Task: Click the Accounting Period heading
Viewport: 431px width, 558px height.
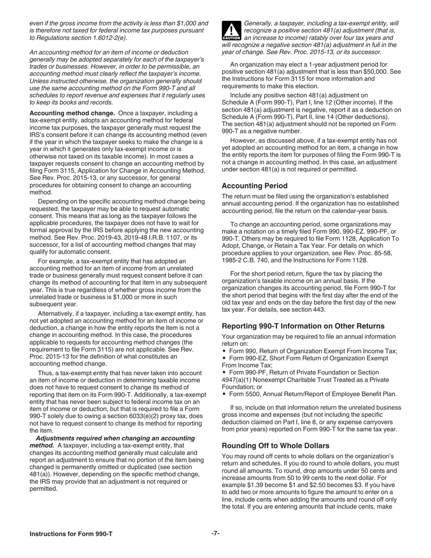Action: [x=255, y=186]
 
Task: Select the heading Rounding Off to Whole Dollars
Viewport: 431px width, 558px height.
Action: [x=275, y=445]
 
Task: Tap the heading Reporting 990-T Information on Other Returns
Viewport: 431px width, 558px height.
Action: [x=303, y=326]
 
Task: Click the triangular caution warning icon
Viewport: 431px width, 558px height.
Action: [x=231, y=31]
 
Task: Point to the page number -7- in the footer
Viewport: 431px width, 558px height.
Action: [x=215, y=534]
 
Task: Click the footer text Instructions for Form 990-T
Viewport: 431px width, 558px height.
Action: [x=71, y=534]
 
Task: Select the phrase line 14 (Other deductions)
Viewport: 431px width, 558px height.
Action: [x=356, y=117]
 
